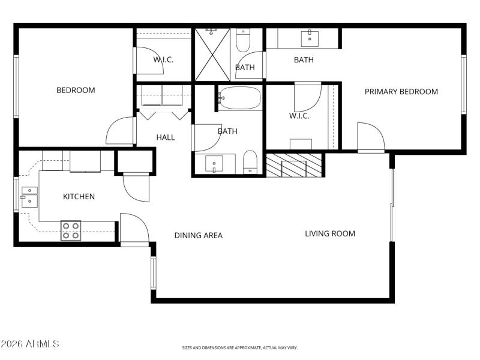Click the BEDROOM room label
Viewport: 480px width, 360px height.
click(76, 91)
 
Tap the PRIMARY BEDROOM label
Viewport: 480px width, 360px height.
click(401, 92)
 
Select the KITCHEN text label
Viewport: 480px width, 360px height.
click(79, 196)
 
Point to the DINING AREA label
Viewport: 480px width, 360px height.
click(198, 235)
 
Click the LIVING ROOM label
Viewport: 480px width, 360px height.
click(330, 233)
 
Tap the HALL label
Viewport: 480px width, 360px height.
click(166, 137)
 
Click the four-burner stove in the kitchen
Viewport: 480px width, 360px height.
click(71, 231)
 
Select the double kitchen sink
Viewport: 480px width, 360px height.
click(29, 196)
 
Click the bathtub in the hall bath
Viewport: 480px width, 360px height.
click(239, 98)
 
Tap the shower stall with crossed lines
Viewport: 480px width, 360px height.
click(212, 54)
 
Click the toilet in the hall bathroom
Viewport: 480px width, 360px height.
click(250, 163)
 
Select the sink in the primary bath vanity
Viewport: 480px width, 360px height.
click(310, 38)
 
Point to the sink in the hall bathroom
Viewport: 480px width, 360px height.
click(214, 164)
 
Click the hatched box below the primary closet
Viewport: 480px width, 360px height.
click(294, 165)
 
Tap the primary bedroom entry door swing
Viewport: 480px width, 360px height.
click(370, 137)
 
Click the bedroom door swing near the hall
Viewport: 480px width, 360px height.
click(121, 131)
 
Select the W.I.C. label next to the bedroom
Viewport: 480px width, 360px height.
click(163, 59)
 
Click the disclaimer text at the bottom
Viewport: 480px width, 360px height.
click(240, 347)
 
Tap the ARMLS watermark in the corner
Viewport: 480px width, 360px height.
click(30, 344)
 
